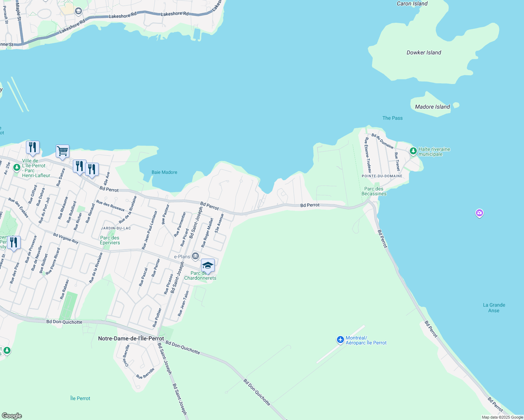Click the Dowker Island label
click(x=423, y=52)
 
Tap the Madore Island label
click(x=432, y=107)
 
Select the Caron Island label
click(x=412, y=3)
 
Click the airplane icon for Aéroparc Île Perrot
click(x=340, y=339)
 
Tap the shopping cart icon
click(x=62, y=151)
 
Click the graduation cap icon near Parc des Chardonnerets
click(x=208, y=266)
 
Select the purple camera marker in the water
click(x=479, y=212)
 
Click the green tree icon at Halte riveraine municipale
click(x=413, y=151)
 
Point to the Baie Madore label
click(x=164, y=172)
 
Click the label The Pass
click(x=392, y=118)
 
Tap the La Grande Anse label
click(x=494, y=308)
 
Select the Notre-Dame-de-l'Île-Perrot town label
click(x=131, y=338)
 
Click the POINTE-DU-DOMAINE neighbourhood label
click(x=382, y=176)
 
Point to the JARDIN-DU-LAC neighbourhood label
click(x=116, y=228)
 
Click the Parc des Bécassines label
click(x=374, y=191)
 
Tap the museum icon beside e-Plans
click(x=195, y=256)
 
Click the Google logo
click(x=12, y=416)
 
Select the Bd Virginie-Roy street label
click(x=65, y=238)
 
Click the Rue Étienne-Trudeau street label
click(x=367, y=155)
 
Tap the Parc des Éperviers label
click(x=110, y=240)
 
